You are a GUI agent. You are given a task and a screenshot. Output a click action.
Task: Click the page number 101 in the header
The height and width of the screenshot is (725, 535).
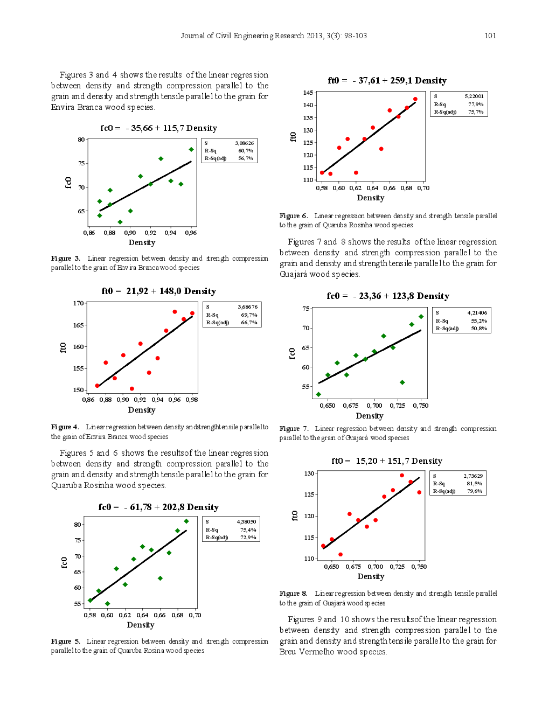(490, 36)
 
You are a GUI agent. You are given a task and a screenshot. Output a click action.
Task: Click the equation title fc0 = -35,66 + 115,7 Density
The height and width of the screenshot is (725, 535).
(158, 128)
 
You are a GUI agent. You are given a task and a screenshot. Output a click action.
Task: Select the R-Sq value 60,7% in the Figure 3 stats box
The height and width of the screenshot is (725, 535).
(246, 151)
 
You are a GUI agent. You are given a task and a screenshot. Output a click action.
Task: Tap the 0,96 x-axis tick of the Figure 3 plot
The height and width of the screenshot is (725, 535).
(191, 233)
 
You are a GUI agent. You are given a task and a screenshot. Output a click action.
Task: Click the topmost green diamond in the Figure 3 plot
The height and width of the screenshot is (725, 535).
(191, 149)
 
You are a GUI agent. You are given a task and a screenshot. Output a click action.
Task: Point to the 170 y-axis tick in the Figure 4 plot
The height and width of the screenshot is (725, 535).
(79, 303)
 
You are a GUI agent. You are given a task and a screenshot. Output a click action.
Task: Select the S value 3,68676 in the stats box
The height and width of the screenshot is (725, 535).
(248, 306)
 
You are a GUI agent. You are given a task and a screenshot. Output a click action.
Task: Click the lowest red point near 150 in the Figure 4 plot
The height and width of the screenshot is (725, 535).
(132, 388)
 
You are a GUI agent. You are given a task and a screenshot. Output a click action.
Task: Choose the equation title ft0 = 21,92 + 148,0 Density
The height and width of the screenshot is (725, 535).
(158, 291)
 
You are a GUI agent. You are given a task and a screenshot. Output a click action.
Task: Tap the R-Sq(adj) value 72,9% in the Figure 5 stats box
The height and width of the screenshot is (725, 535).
(248, 537)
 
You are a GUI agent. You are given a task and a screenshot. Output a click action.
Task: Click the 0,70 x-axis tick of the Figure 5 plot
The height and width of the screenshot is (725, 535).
(195, 615)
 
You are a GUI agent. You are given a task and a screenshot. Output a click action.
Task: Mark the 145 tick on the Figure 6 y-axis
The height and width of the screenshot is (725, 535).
(308, 93)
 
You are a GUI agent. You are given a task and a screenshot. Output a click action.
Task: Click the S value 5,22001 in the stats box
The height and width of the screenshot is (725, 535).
(474, 96)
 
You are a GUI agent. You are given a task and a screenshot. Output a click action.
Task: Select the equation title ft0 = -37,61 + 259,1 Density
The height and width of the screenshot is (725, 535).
(387, 80)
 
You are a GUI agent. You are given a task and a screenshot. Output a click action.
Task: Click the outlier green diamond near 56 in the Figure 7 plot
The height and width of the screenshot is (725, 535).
(402, 382)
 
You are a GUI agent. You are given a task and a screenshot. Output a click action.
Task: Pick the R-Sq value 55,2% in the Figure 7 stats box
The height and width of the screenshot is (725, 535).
(478, 320)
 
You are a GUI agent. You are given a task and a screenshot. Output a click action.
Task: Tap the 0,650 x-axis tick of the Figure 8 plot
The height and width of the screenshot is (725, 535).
(331, 566)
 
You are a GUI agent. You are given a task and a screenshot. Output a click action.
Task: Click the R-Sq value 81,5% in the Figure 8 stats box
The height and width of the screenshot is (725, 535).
(474, 483)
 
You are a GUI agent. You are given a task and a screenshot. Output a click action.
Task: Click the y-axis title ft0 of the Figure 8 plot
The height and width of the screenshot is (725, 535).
(295, 515)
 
